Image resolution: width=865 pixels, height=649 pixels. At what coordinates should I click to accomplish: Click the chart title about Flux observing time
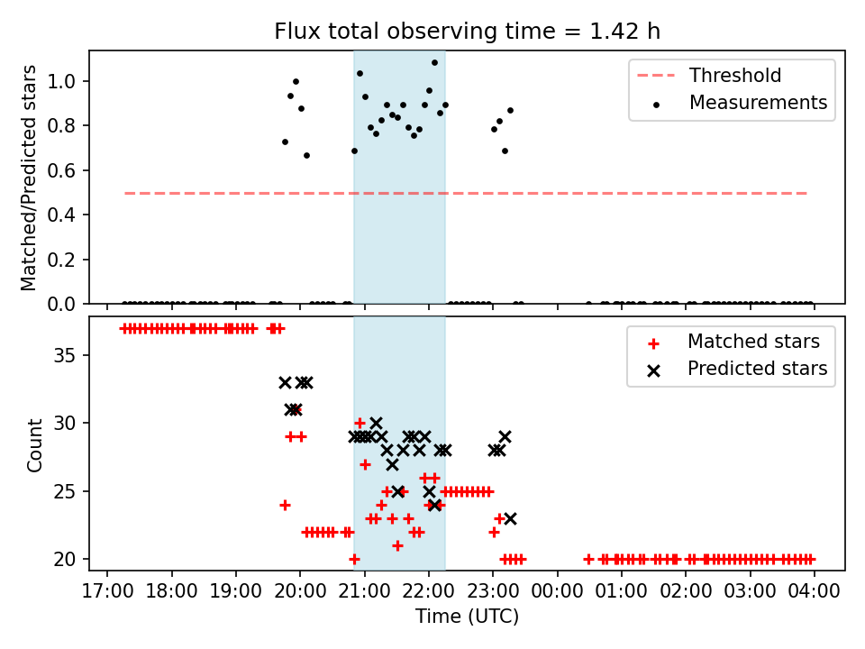point(467,32)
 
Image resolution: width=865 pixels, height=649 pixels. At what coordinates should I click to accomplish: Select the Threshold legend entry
point(735,75)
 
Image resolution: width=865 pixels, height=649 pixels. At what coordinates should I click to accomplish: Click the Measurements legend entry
point(758,103)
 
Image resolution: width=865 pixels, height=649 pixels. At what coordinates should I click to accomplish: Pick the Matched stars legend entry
point(753,342)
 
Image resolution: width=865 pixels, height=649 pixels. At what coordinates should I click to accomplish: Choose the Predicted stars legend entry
point(757,369)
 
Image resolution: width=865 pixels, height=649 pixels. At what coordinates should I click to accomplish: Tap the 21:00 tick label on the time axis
point(364,590)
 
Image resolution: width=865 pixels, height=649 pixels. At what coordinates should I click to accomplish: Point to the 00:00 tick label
point(557,590)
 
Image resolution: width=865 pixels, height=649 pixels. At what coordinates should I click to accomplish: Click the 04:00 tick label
point(815,590)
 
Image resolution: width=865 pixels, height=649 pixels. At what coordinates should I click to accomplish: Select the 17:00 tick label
point(107,590)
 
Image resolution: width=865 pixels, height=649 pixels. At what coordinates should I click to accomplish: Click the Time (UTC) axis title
point(467,617)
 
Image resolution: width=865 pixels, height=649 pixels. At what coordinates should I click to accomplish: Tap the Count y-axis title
point(35,444)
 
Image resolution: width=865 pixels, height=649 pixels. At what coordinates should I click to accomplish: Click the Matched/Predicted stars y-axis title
point(30,178)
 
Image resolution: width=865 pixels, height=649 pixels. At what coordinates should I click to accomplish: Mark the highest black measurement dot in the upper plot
point(434,63)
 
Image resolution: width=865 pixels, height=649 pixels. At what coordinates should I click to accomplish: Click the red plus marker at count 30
point(360,423)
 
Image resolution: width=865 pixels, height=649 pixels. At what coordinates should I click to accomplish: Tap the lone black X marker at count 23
point(510,518)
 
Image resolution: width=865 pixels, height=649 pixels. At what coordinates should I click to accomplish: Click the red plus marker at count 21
point(397,545)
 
